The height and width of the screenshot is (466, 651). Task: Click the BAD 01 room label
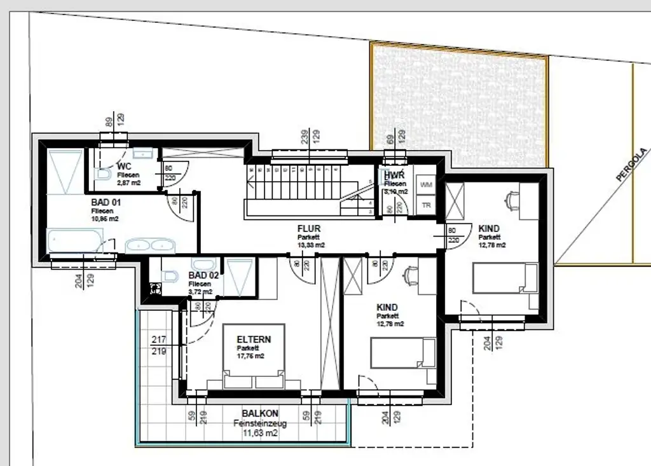coord(106,202)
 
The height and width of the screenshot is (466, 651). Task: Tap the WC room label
coord(125,167)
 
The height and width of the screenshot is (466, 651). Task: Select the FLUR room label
coord(310,229)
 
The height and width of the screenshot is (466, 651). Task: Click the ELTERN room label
coord(254,339)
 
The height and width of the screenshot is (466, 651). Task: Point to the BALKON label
coord(260,414)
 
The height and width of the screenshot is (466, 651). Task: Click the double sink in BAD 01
coord(149,245)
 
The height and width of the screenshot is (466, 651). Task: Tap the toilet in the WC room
coord(103,174)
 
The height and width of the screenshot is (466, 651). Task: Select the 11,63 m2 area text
coord(261,434)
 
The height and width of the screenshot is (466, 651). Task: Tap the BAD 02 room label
coord(203,276)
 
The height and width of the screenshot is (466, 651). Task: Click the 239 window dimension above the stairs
coord(305,137)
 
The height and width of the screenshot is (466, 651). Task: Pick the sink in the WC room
coord(144,153)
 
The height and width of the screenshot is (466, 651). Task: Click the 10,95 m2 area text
coord(105,218)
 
